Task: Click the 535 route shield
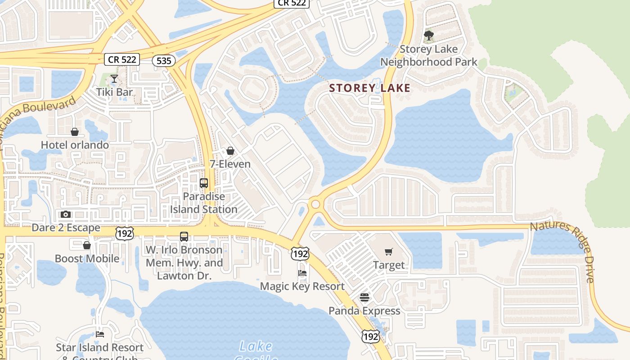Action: point(163,60)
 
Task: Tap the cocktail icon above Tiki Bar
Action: point(114,79)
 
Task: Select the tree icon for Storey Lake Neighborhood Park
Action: point(428,35)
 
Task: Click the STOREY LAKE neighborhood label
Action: point(370,88)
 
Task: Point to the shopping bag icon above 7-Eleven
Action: point(230,151)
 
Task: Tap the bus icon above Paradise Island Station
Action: point(204,183)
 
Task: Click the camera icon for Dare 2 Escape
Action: point(66,214)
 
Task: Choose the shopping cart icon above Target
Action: point(389,252)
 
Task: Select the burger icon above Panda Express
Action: point(364,297)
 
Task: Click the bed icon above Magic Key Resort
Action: point(302,273)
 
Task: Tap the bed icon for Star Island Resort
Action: point(100,334)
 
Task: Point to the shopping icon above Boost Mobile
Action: point(87,245)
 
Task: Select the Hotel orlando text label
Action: point(75,145)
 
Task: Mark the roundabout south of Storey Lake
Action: point(315,204)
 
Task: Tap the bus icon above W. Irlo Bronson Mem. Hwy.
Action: point(184,236)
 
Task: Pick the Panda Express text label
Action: point(364,311)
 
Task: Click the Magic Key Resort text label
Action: point(302,286)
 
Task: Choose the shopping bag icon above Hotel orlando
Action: point(75,132)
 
